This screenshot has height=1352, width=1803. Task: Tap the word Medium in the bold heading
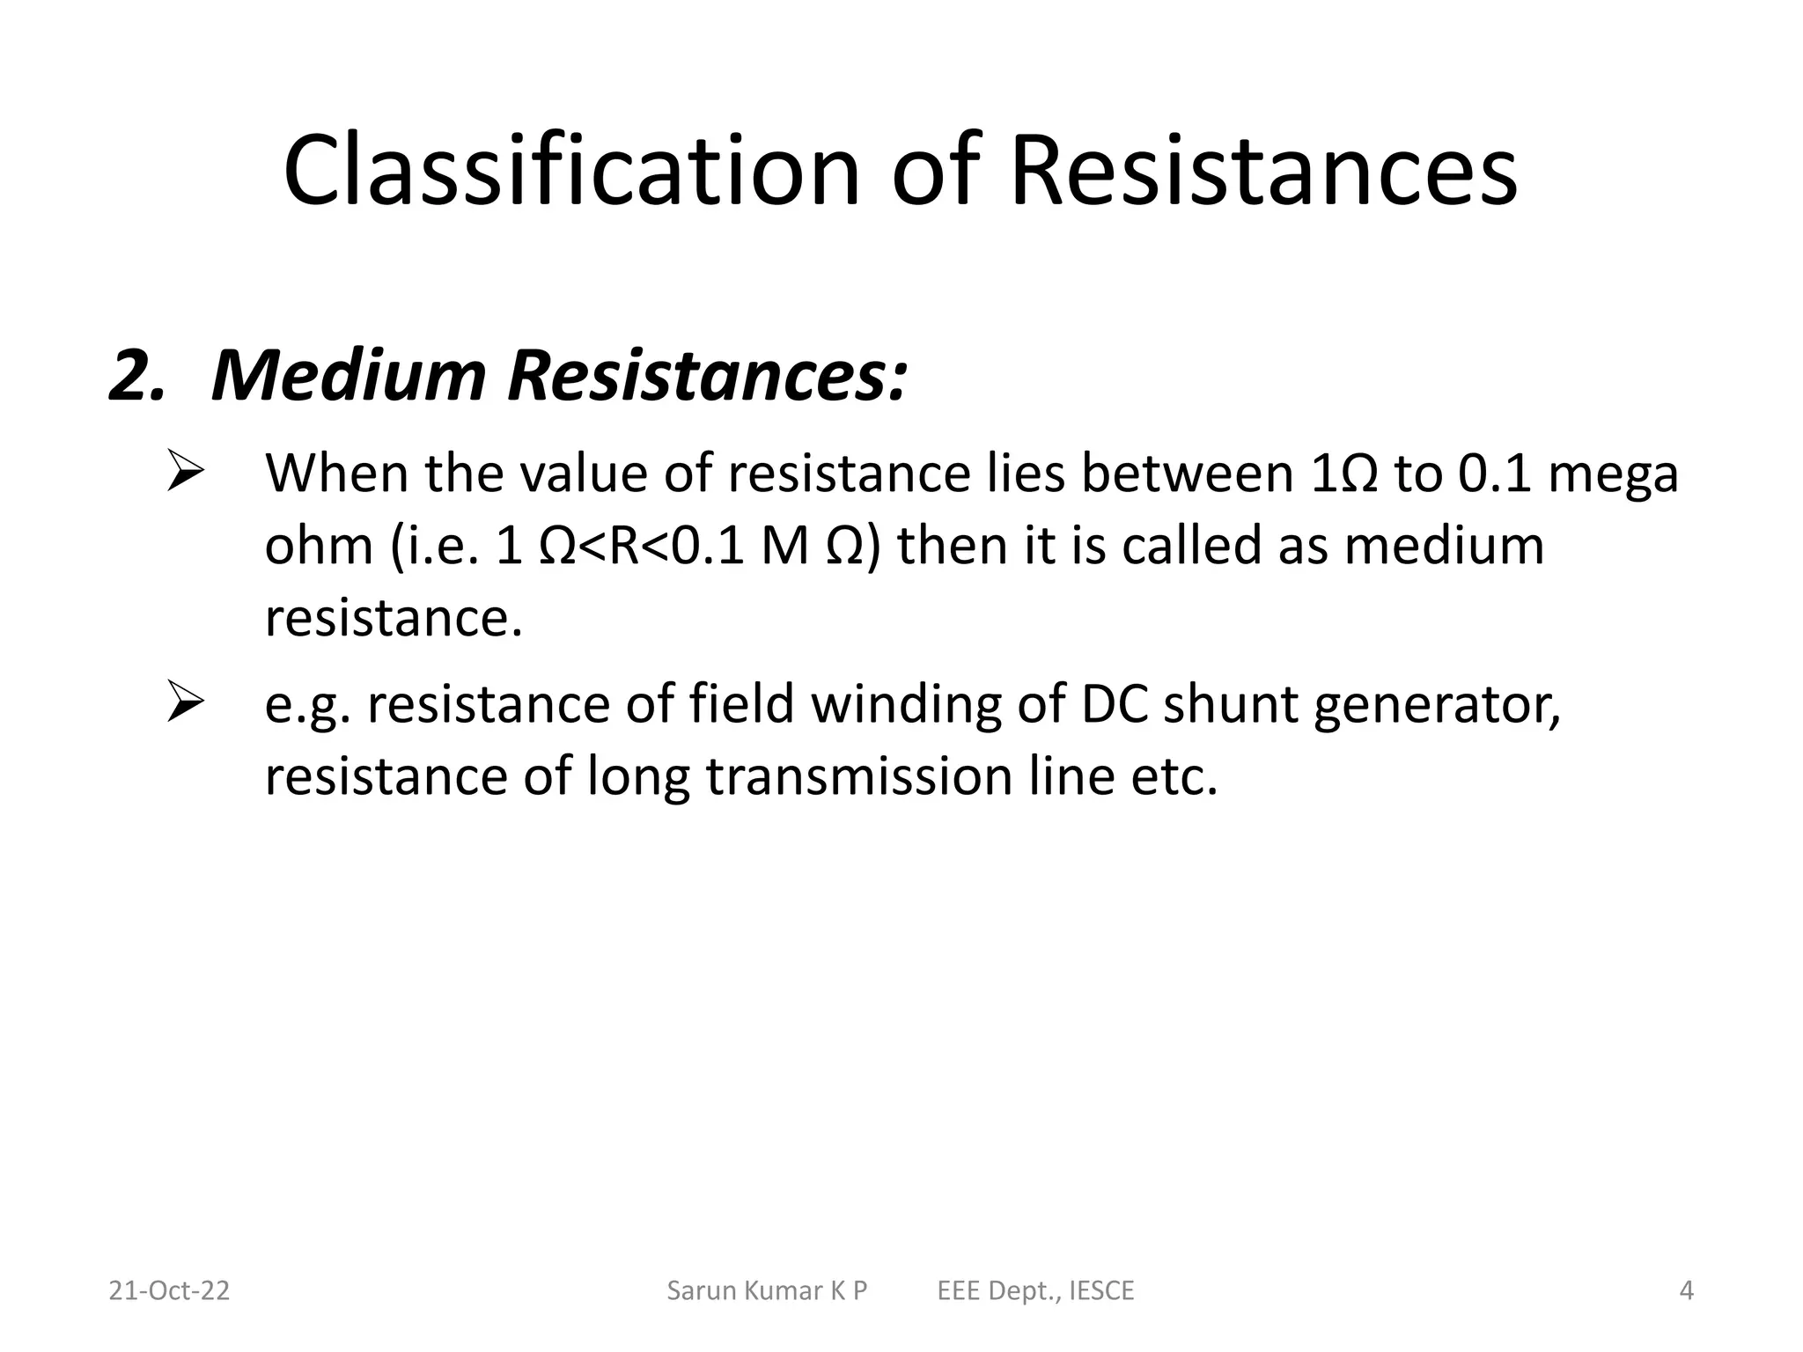point(349,376)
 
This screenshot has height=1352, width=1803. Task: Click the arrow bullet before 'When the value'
point(186,474)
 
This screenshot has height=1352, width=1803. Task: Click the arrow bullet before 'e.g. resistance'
point(186,704)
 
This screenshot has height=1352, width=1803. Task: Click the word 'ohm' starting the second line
point(319,546)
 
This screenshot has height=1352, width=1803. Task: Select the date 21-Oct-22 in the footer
point(169,1290)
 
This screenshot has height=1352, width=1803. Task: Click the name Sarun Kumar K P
point(767,1290)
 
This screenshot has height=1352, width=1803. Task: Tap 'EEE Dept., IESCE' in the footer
point(1035,1290)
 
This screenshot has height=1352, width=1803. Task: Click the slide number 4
point(1686,1290)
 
